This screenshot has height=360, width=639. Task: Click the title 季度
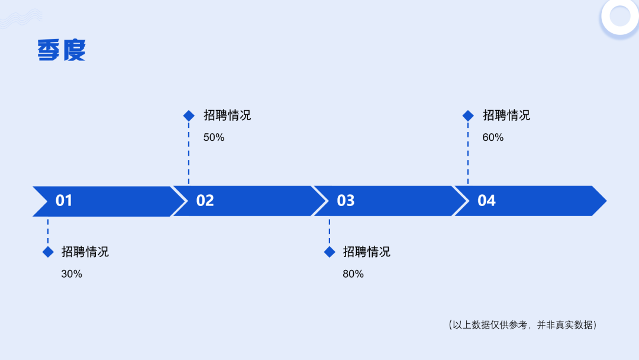click(x=62, y=50)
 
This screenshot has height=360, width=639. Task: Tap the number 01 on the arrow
click(x=64, y=201)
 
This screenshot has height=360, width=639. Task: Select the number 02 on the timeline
click(x=205, y=201)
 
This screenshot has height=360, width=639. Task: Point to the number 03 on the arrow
click(x=346, y=201)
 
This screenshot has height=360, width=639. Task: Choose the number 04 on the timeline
click(x=486, y=201)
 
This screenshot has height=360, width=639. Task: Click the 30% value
click(x=72, y=274)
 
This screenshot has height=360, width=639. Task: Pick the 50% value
click(x=214, y=137)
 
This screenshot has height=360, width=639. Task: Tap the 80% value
click(x=353, y=274)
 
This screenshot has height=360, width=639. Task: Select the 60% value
click(x=493, y=137)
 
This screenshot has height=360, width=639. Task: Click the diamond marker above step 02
click(x=189, y=116)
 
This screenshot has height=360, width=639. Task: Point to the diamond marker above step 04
click(x=468, y=116)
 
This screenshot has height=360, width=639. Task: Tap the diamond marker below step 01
click(x=48, y=252)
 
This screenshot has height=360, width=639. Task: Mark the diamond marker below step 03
click(x=330, y=252)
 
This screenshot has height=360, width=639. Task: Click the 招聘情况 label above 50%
click(x=227, y=115)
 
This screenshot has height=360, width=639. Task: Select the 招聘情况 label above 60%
click(x=506, y=115)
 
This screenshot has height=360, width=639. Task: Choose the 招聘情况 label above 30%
click(x=85, y=252)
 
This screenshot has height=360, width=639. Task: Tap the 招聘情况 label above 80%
click(x=367, y=252)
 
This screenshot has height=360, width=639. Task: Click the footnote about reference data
click(x=523, y=325)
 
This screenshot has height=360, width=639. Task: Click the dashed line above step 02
click(x=189, y=153)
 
